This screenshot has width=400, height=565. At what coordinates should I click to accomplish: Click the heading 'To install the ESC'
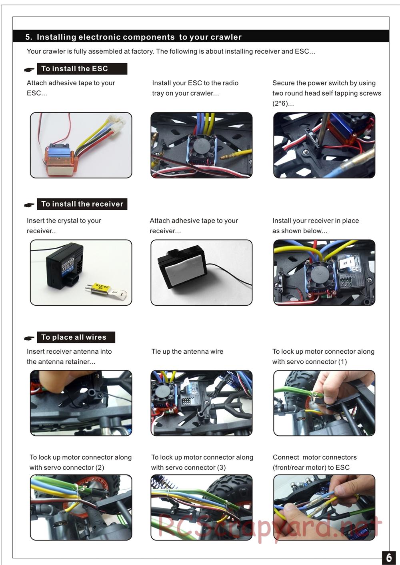coord(75,68)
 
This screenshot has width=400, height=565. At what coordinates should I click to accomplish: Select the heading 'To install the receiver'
coord(82,204)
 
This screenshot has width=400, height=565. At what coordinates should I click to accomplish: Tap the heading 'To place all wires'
coord(74,337)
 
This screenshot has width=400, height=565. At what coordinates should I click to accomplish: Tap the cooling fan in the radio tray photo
coord(202,148)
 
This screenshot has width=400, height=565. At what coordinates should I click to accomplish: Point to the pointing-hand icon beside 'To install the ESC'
coord(29,69)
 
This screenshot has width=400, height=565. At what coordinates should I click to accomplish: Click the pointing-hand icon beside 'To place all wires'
coord(29,338)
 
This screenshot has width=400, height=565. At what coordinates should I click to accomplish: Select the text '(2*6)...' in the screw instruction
coord(283,103)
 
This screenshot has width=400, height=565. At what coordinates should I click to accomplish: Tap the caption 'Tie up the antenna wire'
coord(187,351)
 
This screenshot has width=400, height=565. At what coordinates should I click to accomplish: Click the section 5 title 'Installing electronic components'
coord(106,37)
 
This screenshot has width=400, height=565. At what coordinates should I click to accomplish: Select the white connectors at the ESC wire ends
coord(117,122)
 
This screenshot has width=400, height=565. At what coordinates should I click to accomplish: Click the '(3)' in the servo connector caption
coord(221,467)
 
